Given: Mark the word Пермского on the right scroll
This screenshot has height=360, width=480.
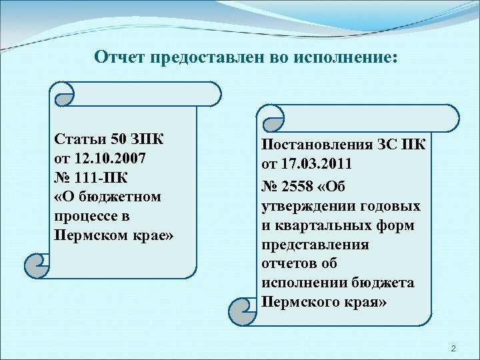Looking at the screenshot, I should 295,301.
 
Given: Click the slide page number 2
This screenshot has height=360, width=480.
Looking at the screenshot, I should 453,349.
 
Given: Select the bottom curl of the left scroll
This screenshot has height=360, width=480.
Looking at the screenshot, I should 35,265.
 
